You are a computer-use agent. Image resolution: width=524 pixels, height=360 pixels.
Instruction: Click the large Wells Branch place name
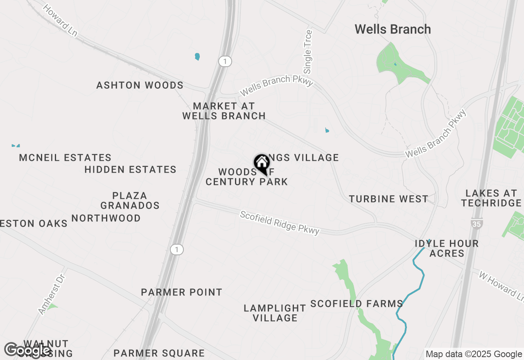point(393,29)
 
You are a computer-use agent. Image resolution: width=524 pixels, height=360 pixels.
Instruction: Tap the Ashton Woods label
point(140,85)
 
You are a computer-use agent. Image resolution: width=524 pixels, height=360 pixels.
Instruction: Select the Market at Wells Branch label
point(224,111)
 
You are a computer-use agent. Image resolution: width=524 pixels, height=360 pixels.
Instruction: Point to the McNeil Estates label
point(65,157)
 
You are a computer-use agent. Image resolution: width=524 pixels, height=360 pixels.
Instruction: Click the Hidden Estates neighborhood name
point(130,169)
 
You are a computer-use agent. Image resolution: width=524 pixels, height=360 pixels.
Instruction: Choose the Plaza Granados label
point(130,200)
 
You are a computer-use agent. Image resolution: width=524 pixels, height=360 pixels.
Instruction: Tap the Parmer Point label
point(181,292)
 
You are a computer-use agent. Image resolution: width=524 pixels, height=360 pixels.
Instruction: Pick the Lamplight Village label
point(275,313)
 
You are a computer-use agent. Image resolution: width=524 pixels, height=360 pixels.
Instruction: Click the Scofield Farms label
point(357,304)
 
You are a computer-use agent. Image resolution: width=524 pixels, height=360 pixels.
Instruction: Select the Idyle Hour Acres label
point(447,248)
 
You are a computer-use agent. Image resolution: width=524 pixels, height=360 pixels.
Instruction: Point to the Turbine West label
point(388,199)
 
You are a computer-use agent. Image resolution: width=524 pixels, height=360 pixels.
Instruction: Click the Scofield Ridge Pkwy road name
point(280,223)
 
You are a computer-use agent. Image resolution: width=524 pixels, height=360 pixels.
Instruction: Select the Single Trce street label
point(308,52)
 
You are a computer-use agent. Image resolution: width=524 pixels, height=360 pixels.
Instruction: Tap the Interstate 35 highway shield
point(477,223)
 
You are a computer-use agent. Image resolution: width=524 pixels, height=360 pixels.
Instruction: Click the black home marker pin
point(262,164)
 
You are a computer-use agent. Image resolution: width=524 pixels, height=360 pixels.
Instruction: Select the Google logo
point(27,351)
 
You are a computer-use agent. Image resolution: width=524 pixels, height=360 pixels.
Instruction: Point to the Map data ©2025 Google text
point(474,354)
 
